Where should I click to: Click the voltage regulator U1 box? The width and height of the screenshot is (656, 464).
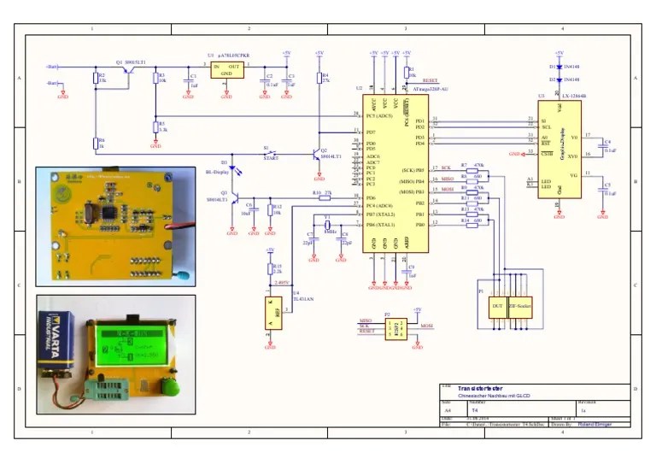227,69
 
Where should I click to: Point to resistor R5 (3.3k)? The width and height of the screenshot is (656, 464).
155,126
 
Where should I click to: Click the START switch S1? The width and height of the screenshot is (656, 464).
272,153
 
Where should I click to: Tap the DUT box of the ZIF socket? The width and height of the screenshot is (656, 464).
496,306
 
